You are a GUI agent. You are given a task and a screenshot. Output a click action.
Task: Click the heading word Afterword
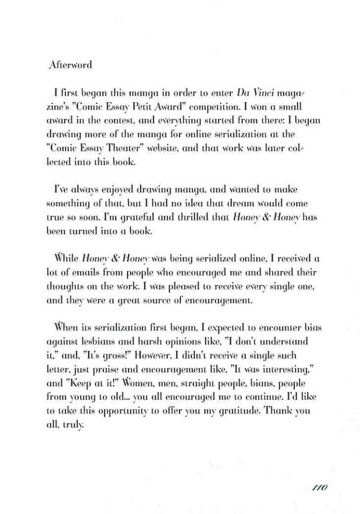[x=71, y=65]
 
